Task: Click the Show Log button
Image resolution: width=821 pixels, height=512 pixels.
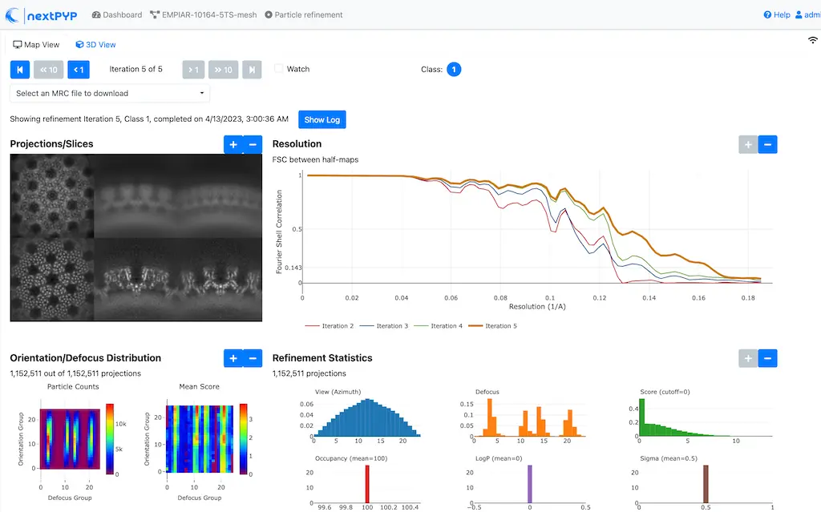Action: [x=322, y=119]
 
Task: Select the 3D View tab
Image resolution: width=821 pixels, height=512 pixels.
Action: [x=95, y=45]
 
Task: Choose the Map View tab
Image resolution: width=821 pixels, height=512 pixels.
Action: [x=36, y=45]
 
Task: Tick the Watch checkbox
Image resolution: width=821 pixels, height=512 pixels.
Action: [x=279, y=69]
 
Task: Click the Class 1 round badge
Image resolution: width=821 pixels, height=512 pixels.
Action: [x=454, y=70]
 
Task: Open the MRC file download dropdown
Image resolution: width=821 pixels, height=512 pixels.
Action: [x=110, y=93]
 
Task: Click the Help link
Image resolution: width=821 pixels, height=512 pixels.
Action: [x=777, y=14]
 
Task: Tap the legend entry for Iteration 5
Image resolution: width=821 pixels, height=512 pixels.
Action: [x=491, y=326]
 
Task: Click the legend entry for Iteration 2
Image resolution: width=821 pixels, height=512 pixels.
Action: [x=330, y=326]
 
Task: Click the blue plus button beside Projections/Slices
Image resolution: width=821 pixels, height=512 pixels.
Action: [x=233, y=144]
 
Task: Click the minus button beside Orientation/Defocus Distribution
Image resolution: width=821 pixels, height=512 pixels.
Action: [x=253, y=358]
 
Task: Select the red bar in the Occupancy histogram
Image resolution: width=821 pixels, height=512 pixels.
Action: [x=366, y=484]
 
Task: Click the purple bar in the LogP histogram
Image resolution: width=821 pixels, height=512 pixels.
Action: [x=529, y=484]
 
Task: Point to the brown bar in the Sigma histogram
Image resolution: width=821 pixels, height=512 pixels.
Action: [x=706, y=484]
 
